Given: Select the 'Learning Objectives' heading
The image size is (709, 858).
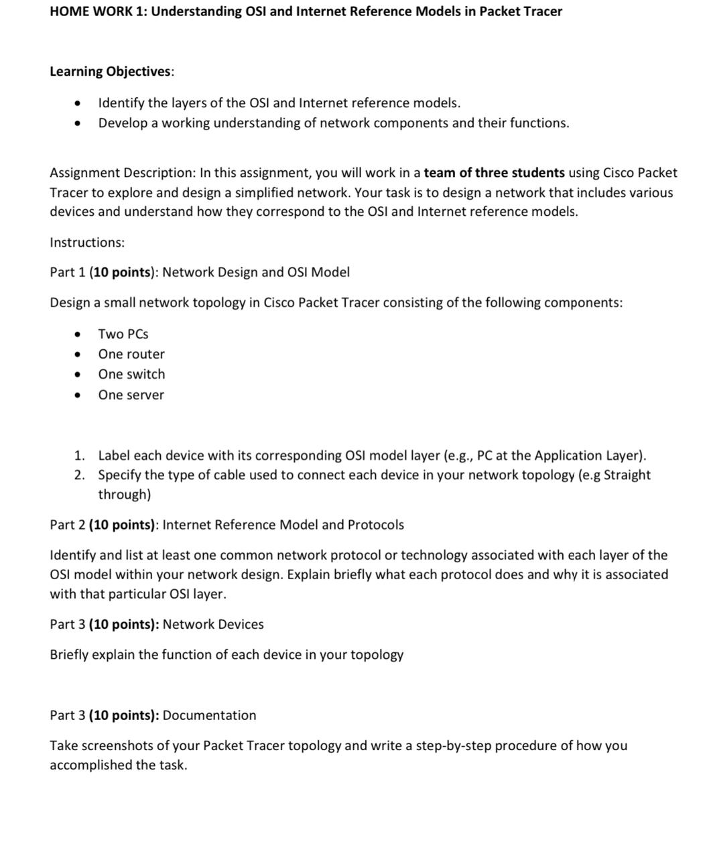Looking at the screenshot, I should coord(111,71).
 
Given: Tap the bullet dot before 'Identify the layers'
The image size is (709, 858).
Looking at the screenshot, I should coord(79,104).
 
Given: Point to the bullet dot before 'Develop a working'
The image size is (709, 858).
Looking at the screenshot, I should coord(79,124).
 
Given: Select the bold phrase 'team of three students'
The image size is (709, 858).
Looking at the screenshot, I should coord(494,173).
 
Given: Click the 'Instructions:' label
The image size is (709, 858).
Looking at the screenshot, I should coord(87,243).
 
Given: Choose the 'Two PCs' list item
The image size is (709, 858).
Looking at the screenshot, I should coord(123,334).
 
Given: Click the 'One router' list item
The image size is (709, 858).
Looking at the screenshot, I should coord(131,354).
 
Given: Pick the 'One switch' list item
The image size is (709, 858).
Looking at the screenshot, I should coord(131,374).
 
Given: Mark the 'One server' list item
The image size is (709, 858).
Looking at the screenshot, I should coord(131,395).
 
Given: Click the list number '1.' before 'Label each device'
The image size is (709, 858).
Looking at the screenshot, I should coord(79,456).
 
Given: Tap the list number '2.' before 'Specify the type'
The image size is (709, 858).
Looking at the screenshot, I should coord(79,475).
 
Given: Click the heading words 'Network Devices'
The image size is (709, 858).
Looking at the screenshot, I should coord(213,625).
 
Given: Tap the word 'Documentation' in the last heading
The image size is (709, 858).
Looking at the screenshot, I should coord(209,715).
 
